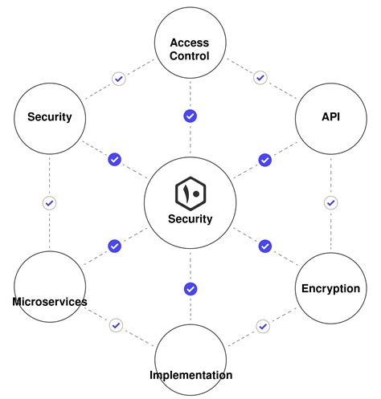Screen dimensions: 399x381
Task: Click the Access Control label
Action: click(190, 49)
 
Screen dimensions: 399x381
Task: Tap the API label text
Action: click(330, 116)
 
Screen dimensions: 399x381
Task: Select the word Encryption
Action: click(330, 289)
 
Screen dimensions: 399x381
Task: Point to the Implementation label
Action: click(190, 375)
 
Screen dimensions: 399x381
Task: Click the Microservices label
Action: click(50, 302)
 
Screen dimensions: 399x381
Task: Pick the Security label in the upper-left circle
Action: click(50, 116)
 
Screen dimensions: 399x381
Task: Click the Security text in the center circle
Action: click(190, 218)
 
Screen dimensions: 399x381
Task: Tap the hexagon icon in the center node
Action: click(190, 193)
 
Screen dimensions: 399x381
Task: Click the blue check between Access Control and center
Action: click(190, 116)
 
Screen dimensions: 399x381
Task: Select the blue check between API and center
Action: click(264, 160)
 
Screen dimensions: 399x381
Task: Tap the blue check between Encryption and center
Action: click(264, 246)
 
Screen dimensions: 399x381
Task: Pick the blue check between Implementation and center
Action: click(190, 288)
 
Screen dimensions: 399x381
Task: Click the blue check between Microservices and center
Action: click(114, 246)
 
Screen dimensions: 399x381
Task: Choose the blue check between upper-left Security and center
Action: click(114, 160)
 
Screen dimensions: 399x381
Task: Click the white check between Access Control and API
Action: click(260, 78)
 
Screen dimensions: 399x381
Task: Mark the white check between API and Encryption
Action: click(330, 202)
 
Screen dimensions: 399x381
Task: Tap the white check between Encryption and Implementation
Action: click(262, 326)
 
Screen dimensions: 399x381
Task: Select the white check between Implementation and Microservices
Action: click(117, 325)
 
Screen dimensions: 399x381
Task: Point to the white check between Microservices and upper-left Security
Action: click(49, 202)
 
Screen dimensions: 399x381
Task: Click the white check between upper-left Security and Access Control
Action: click(118, 79)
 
